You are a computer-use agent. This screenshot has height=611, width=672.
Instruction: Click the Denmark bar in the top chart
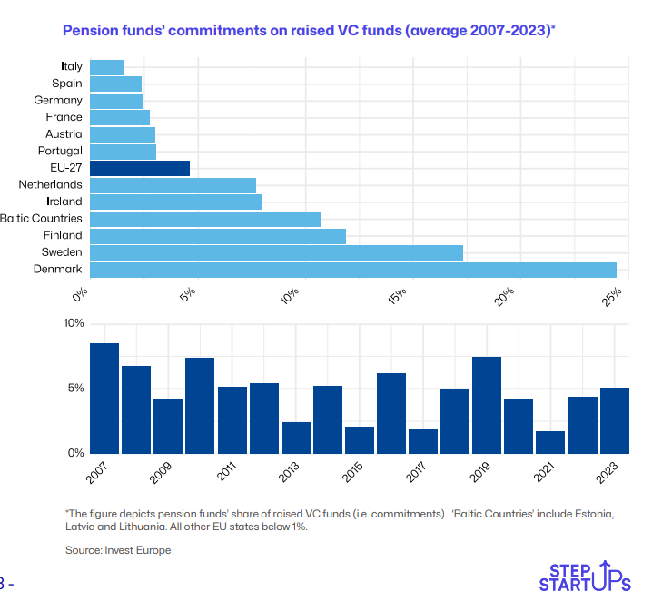click(x=353, y=270)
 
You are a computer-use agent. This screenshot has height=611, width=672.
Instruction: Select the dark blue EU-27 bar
click(x=140, y=168)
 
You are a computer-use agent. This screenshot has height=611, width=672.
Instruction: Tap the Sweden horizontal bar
click(x=277, y=252)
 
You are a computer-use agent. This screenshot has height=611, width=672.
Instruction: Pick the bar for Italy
click(x=107, y=67)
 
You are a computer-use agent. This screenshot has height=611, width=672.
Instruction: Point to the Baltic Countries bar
click(x=206, y=219)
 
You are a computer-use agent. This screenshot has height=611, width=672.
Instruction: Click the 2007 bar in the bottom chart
click(x=104, y=398)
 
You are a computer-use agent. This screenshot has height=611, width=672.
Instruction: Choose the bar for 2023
click(x=614, y=419)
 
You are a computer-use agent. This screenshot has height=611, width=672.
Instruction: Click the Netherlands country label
click(x=50, y=184)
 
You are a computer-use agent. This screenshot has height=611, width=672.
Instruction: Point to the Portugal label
click(x=60, y=151)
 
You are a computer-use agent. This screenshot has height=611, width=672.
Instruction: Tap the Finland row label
click(x=63, y=235)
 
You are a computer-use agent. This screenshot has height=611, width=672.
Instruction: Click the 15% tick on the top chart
click(x=398, y=296)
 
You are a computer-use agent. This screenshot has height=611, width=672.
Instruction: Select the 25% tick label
click(x=611, y=296)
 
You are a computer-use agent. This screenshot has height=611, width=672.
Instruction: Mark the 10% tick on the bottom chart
click(x=74, y=323)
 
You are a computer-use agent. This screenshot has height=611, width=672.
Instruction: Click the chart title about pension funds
click(x=309, y=31)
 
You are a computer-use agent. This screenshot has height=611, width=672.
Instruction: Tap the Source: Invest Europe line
click(x=118, y=550)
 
